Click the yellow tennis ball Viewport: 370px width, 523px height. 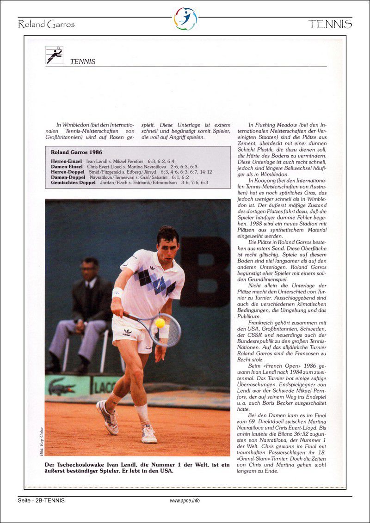[x=160, y=323]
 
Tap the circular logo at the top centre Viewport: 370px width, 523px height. [x=185, y=19]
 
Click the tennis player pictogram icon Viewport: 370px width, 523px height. [x=54, y=55]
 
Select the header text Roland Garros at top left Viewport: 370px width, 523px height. [x=46, y=24]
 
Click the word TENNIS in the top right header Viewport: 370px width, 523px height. [x=330, y=24]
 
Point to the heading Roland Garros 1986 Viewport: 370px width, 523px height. [x=77, y=152]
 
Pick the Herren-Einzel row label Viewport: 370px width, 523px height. [x=67, y=161]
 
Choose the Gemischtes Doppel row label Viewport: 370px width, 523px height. [x=74, y=182]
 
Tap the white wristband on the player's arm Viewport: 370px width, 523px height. [x=117, y=292]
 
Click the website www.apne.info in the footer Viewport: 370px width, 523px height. [x=185, y=500]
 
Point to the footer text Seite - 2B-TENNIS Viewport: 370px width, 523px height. [x=41, y=500]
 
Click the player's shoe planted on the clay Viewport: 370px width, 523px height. [x=149, y=434]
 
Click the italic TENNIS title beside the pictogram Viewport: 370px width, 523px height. [x=83, y=61]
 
